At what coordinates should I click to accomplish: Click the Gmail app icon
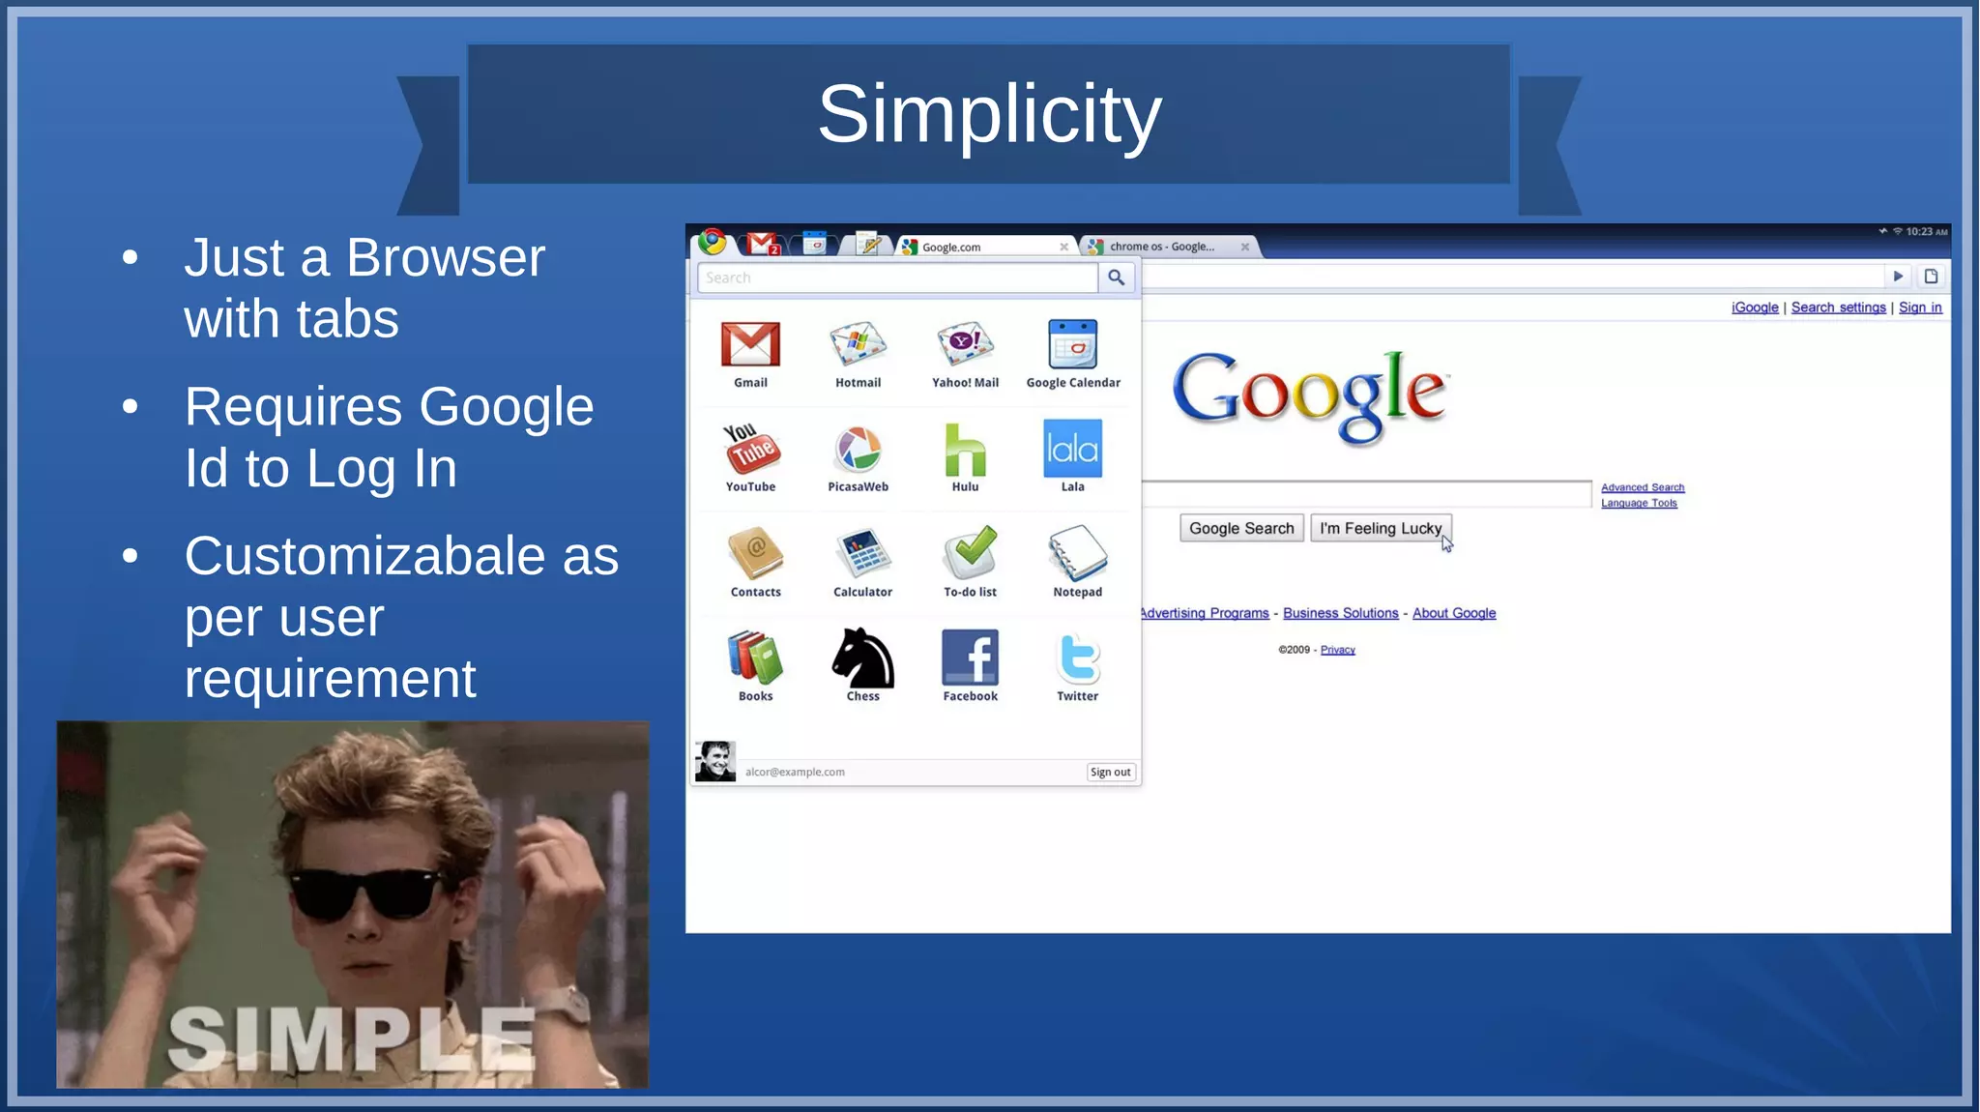[750, 345]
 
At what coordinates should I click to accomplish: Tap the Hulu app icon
[965, 451]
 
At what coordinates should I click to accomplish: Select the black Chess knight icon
[862, 658]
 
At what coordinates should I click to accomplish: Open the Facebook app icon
[970, 658]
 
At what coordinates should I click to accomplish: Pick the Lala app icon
[1072, 449]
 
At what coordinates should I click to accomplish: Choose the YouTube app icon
[751, 450]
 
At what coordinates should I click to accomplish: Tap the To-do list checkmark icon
[971, 553]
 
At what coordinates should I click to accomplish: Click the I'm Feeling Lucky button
[1380, 528]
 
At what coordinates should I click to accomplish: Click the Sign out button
[1110, 772]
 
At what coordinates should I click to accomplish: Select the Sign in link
[1919, 307]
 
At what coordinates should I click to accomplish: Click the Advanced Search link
[1642, 487]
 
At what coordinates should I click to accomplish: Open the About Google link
[1453, 613]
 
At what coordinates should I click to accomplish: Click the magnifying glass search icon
[1116, 278]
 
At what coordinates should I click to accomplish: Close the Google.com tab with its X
[1063, 247]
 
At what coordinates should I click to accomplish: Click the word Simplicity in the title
[989, 114]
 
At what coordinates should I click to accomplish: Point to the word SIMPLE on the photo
[352, 1039]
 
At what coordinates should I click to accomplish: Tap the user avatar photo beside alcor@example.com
[715, 761]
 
